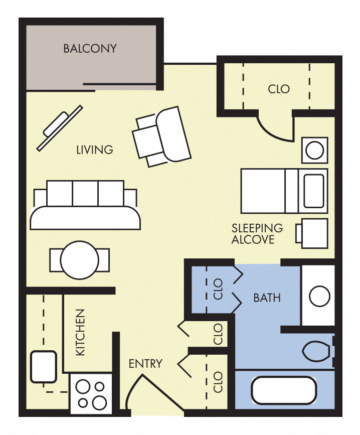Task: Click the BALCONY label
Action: [90, 49]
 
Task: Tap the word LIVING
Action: [94, 150]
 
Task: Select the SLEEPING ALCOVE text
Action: [257, 234]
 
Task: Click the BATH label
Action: [267, 298]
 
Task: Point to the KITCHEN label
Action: [81, 333]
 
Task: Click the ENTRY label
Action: [145, 364]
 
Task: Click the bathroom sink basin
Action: [319, 297]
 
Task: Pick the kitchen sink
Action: [43, 366]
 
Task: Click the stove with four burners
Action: [91, 394]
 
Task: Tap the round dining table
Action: [79, 260]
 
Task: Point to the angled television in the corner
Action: [59, 127]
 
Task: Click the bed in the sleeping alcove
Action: [284, 191]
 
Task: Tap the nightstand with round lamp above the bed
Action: [314, 150]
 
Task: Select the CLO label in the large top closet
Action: [279, 89]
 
